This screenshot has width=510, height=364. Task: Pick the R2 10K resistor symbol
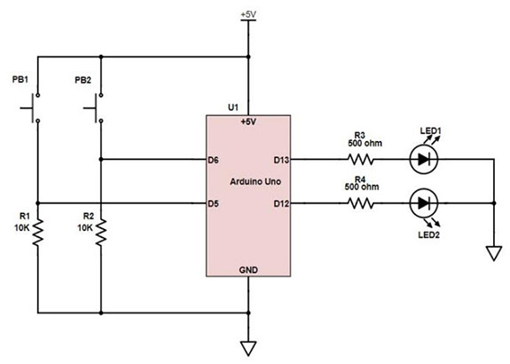(102, 233)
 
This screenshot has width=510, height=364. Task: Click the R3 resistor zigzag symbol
(362, 161)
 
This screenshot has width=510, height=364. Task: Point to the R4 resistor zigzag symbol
(362, 203)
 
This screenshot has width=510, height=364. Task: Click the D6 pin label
(213, 161)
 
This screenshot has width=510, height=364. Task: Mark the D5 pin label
(213, 203)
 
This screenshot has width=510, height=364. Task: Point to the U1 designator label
(233, 107)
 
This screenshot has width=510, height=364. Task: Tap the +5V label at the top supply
(249, 15)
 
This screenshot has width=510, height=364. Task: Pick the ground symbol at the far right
(490, 255)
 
